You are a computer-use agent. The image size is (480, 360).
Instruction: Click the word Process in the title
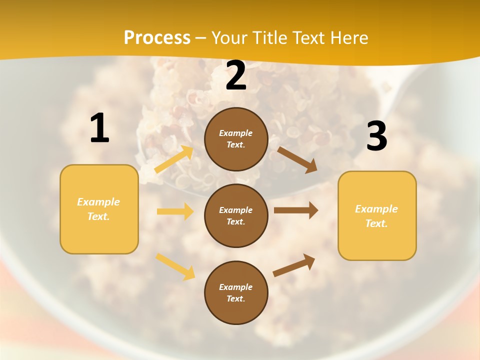tap(157, 37)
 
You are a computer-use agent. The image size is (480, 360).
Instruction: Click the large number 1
tap(99, 128)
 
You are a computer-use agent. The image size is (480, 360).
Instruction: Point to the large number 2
tap(236, 76)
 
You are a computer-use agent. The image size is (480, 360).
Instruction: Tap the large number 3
tap(376, 136)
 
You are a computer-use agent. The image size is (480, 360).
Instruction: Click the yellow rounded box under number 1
tap(99, 209)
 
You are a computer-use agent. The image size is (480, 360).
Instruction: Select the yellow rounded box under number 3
tap(377, 215)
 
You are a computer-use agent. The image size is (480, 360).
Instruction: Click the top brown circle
tap(236, 139)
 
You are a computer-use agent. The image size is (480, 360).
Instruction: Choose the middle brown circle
tap(236, 215)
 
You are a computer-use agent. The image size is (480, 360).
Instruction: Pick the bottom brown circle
tap(236, 292)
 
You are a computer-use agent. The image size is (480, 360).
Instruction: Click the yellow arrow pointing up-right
tap(174, 159)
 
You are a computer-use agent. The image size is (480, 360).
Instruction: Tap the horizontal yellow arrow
tap(175, 211)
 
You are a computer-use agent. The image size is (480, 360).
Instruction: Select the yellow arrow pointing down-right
tap(175, 266)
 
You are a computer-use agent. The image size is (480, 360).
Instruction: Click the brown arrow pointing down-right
tap(297, 159)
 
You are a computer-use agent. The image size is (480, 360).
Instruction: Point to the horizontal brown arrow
tap(295, 210)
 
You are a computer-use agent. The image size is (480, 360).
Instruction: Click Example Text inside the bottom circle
tap(236, 292)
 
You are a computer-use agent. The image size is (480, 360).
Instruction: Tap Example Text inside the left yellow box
tap(98, 209)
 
